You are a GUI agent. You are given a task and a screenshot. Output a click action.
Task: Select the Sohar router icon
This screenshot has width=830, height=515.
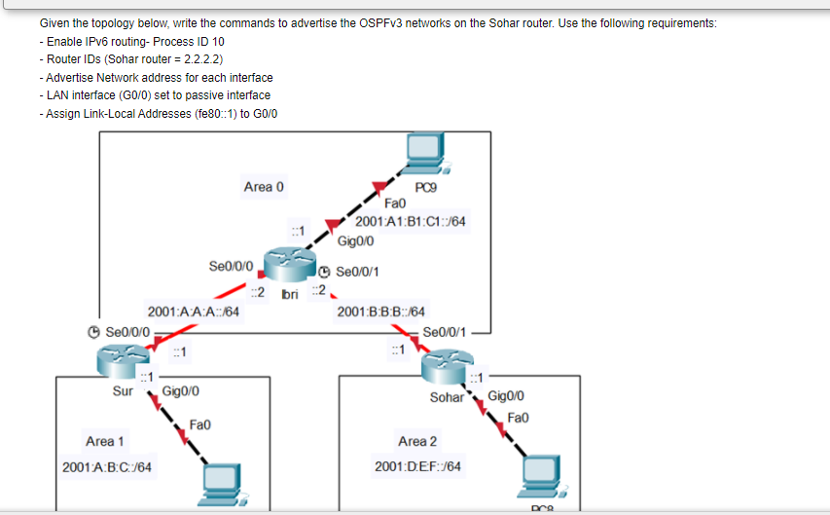(447, 368)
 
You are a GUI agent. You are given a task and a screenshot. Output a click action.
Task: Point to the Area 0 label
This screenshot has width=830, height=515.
(264, 186)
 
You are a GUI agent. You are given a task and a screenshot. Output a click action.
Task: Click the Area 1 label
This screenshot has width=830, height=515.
(105, 441)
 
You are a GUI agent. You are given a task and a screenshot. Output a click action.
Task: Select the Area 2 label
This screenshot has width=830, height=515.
(417, 441)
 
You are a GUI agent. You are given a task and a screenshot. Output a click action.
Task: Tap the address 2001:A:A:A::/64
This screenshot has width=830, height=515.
(194, 312)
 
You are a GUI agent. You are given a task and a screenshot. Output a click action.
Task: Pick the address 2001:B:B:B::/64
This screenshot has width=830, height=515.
(380, 312)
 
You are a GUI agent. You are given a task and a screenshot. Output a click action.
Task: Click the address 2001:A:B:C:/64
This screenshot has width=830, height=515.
(106, 466)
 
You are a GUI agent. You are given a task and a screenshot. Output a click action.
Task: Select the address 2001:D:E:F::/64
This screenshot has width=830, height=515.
(417, 466)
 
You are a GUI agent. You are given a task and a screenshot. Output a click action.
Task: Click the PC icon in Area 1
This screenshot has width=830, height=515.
(227, 485)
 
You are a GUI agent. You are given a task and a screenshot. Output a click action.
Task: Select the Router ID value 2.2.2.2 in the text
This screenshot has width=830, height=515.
(189, 59)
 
